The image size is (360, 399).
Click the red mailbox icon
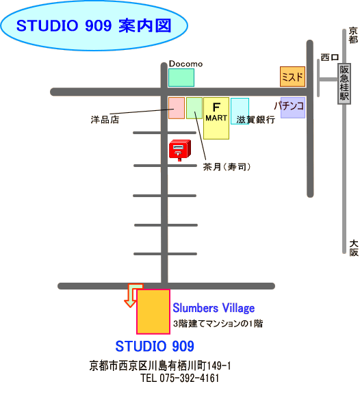coord(180,150)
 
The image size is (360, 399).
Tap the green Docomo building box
coord(181,77)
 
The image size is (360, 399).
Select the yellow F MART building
coord(216,118)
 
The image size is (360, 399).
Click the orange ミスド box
coord(292,77)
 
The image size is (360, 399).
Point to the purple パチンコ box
coord(292,107)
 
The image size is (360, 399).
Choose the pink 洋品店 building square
coord(177,108)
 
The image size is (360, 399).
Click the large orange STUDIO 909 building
coord(153,311)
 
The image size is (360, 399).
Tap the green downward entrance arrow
coord(132,295)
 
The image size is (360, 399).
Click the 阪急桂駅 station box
coord(344,83)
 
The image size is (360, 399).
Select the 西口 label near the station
coord(330,57)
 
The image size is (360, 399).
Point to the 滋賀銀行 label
coord(256,119)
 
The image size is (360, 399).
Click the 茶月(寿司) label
coord(227,167)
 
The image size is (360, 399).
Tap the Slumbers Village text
coord(214,308)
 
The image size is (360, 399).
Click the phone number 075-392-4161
coord(190,378)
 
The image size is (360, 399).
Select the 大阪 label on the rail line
coord(354,248)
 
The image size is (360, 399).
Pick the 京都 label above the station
coord(353,36)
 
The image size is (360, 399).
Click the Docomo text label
coord(185,64)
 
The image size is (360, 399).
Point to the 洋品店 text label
coord(105,120)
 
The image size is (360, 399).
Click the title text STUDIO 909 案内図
coord(94,26)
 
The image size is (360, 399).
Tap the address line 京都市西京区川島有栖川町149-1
coord(160,366)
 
